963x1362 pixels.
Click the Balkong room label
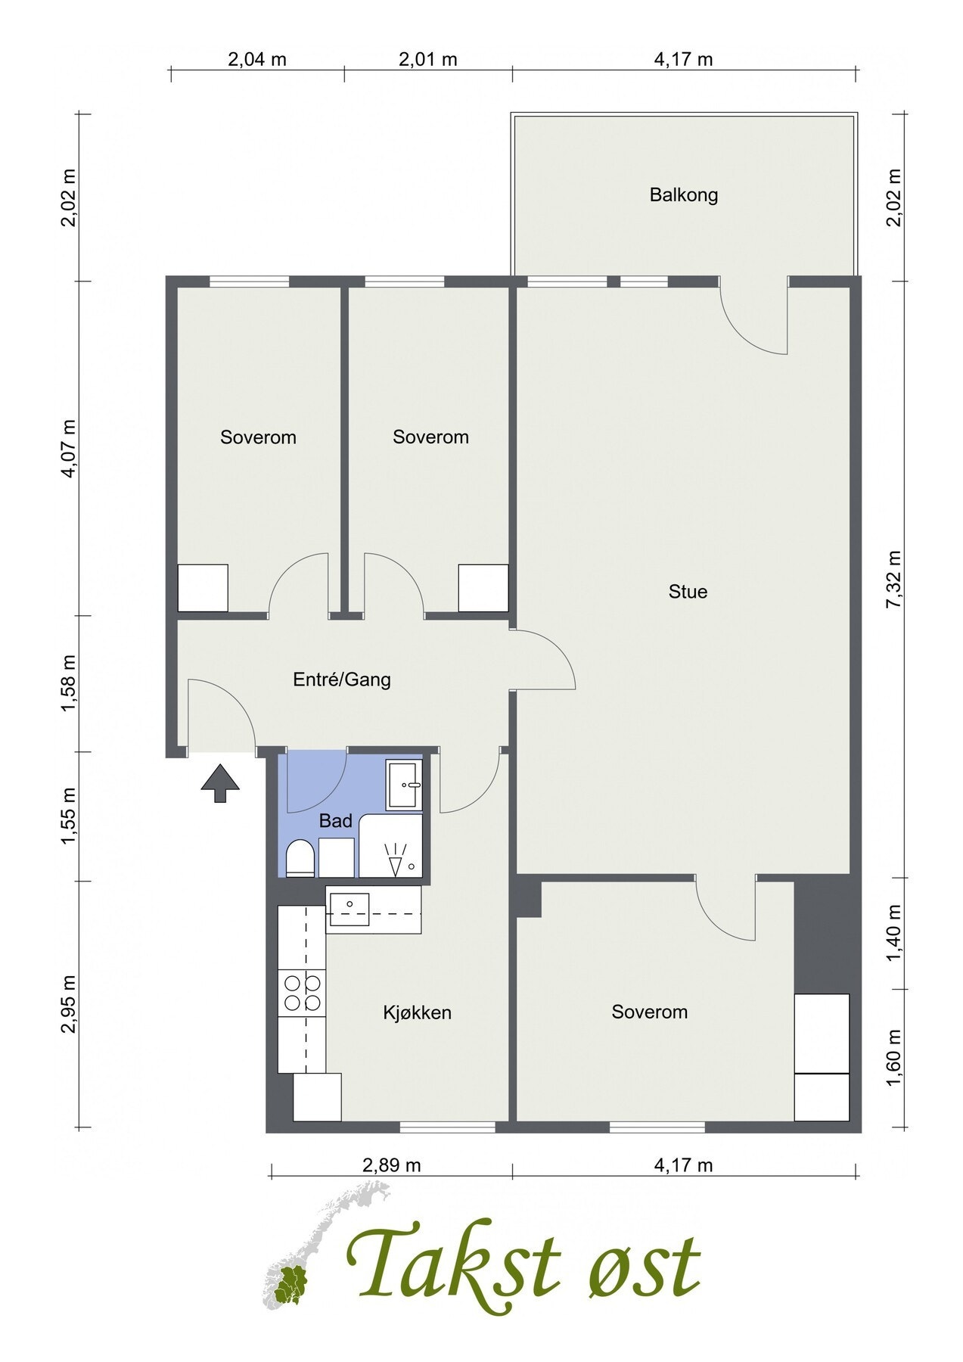683,195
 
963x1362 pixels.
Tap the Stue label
688,591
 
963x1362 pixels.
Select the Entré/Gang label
342,679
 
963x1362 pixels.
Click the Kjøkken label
417,1012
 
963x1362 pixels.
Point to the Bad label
336,820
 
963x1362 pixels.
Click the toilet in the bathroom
300,857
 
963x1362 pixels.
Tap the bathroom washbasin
405,785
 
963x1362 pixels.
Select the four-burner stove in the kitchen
302,994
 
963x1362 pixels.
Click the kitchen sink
348,909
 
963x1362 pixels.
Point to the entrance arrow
220,783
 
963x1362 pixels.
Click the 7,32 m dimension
896,579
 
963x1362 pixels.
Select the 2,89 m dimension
391,1165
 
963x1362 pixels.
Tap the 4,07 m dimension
70,448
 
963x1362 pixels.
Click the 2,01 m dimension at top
428,59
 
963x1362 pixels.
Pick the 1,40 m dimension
896,934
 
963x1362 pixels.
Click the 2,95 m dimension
70,1004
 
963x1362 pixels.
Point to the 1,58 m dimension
70,683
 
